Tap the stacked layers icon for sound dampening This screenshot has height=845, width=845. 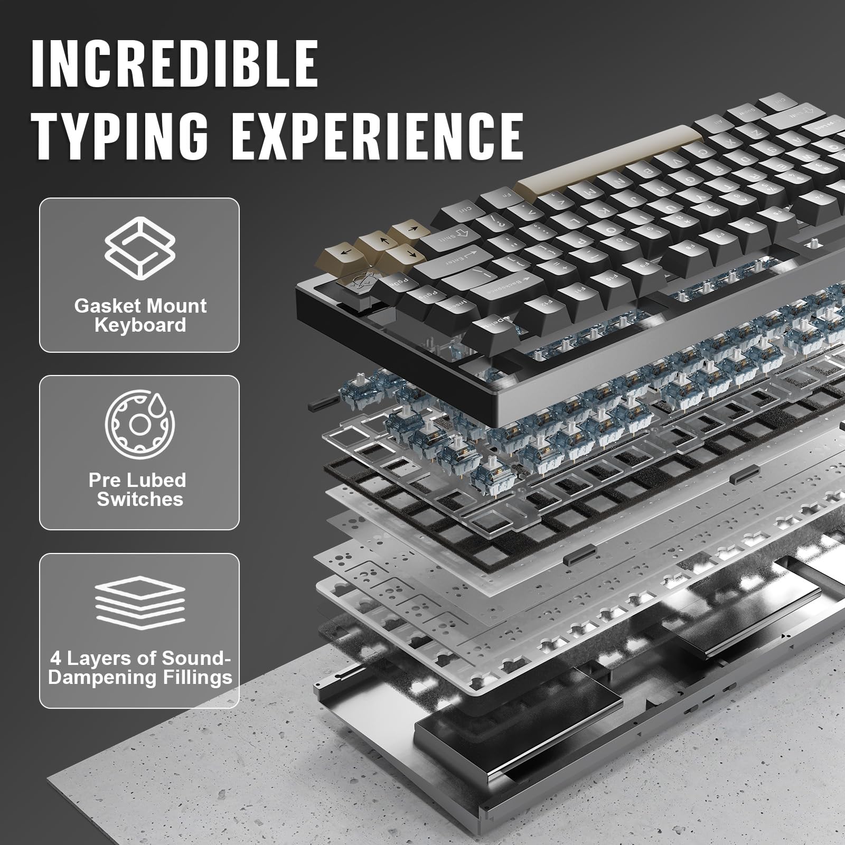tap(140, 602)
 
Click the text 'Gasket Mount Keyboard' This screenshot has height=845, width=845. tap(140, 315)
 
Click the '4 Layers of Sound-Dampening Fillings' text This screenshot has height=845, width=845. tap(140, 668)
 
